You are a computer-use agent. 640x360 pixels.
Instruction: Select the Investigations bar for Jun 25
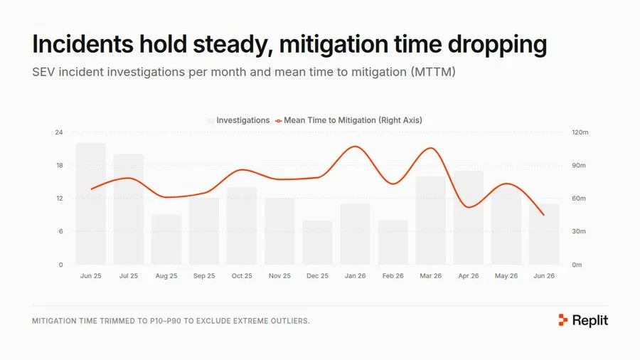pyautogui.click(x=90, y=203)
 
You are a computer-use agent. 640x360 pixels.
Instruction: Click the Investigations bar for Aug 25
pyautogui.click(x=166, y=240)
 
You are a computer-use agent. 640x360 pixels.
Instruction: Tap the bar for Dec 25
pyautogui.click(x=318, y=243)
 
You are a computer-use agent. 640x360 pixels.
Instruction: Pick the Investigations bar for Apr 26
pyautogui.click(x=469, y=218)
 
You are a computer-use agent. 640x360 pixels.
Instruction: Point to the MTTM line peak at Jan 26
pyautogui.click(x=356, y=147)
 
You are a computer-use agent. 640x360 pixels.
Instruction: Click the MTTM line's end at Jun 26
pyautogui.click(x=544, y=215)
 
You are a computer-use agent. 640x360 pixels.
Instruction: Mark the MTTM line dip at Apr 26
pyautogui.click(x=469, y=207)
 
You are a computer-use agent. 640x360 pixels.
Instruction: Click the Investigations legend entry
pyautogui.click(x=239, y=120)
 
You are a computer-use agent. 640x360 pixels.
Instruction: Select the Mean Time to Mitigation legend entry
pyautogui.click(x=348, y=120)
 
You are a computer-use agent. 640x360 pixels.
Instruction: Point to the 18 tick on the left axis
pyautogui.click(x=60, y=165)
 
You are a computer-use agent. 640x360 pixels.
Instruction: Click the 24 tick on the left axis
pyautogui.click(x=59, y=132)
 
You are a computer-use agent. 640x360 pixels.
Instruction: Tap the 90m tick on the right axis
pyautogui.click(x=579, y=165)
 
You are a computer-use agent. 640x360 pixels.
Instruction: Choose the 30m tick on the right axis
pyautogui.click(x=579, y=231)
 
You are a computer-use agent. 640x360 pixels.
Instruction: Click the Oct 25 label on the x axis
pyautogui.click(x=242, y=276)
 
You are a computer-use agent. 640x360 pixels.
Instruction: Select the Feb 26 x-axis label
pyautogui.click(x=393, y=276)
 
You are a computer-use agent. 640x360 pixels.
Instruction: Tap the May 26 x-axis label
pyautogui.click(x=506, y=276)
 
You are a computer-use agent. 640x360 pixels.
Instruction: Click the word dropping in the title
pyautogui.click(x=497, y=45)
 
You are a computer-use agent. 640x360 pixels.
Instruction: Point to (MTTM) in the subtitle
pyautogui.click(x=433, y=72)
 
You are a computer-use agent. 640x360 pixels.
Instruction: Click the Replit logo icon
pyautogui.click(x=563, y=320)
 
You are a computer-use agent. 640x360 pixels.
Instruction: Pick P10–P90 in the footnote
pyautogui.click(x=165, y=321)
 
